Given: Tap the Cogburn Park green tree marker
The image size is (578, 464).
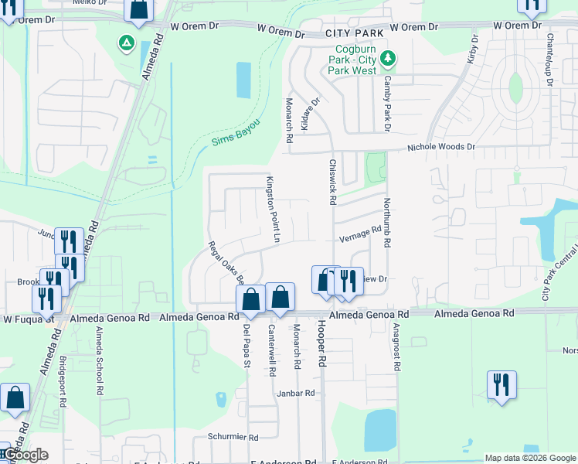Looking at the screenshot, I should [389, 58].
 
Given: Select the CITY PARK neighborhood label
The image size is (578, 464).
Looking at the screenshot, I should [354, 34].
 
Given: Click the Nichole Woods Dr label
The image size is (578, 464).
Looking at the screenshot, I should [441, 146].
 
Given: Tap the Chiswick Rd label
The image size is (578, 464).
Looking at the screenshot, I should [332, 182].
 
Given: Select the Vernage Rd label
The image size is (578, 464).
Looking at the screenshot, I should [360, 232].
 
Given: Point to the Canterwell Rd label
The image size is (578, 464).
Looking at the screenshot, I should [272, 350].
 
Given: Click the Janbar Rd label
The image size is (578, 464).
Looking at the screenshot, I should [296, 393].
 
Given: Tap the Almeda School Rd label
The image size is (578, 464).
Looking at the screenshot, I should [99, 360].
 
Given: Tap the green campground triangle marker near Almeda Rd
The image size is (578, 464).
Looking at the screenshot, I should [125, 42].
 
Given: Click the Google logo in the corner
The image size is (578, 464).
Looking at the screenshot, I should [25, 455].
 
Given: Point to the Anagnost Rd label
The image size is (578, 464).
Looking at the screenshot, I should [396, 348].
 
